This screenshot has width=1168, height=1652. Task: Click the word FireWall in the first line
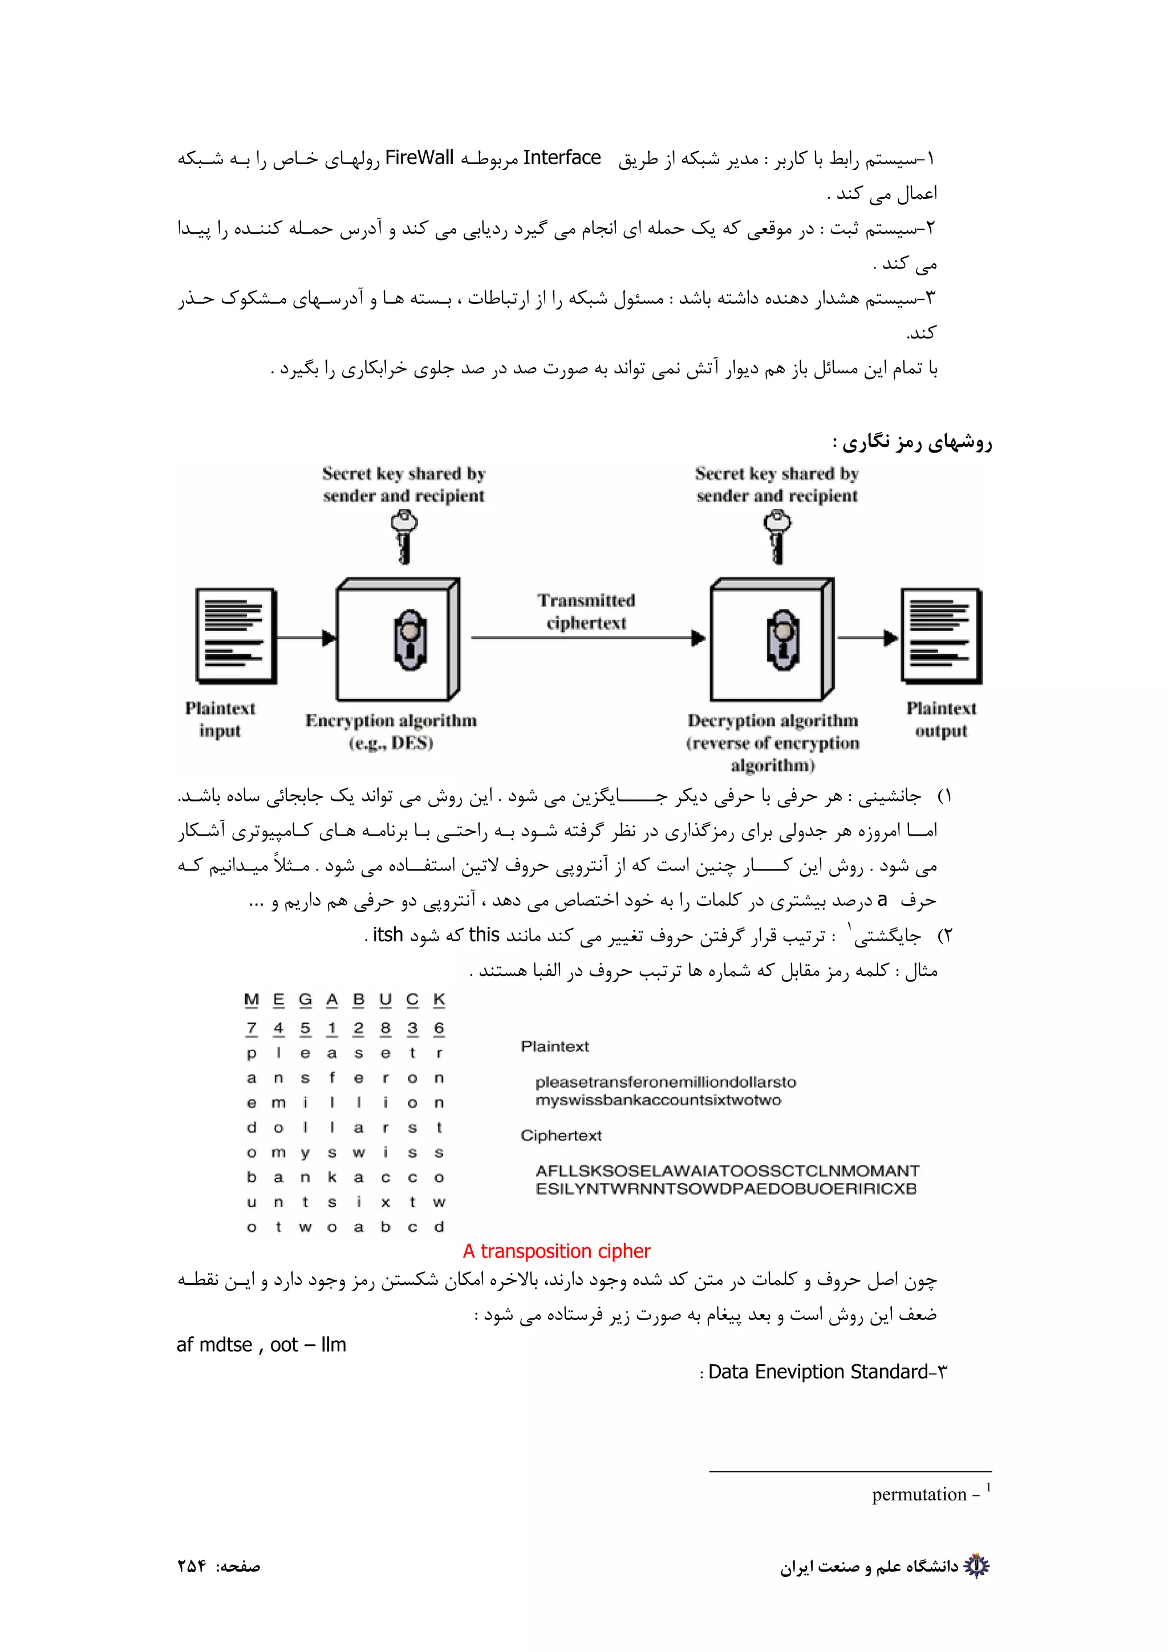point(419,157)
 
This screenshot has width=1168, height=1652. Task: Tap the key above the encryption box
point(404,536)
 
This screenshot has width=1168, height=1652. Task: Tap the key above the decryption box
point(777,536)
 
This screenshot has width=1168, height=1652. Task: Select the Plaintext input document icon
point(236,636)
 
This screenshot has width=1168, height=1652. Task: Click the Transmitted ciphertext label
point(586,612)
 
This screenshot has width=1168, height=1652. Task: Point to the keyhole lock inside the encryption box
point(410,640)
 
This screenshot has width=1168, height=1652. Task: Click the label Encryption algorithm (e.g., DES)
point(391,731)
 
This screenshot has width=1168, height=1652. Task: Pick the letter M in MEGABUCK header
point(251,999)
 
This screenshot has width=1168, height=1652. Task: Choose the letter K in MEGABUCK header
point(439,999)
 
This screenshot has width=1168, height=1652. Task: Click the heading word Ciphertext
point(561,1136)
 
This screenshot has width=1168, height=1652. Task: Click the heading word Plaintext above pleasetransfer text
point(554,1047)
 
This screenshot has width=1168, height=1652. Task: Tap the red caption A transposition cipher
point(556,1251)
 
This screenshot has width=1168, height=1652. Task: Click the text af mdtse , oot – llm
point(261,1345)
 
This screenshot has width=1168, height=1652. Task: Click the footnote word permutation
point(918,1495)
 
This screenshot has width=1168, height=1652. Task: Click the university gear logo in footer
point(976,1566)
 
